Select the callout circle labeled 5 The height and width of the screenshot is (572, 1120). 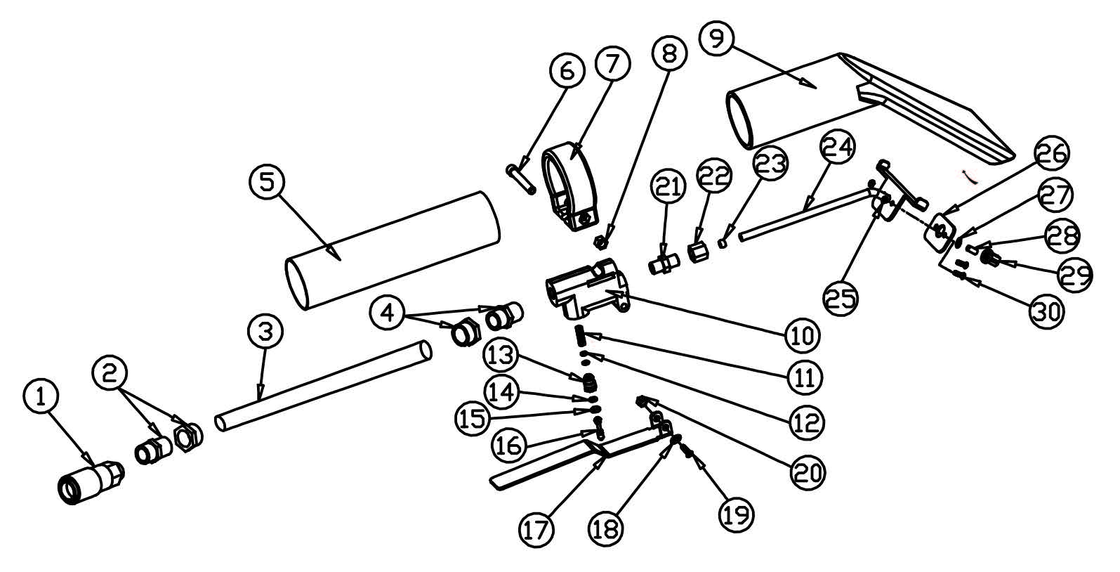coord(267,182)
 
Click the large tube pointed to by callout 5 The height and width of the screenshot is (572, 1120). coord(393,249)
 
